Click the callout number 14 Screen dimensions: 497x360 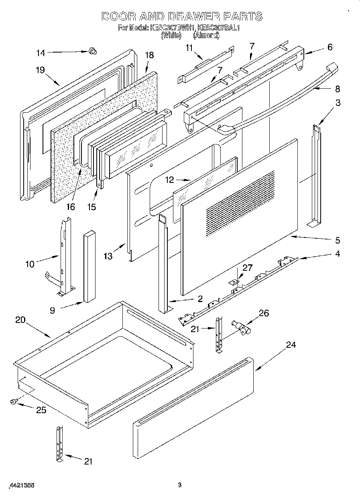pyautogui.click(x=41, y=53)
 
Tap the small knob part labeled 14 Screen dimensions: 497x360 pyautogui.click(x=92, y=51)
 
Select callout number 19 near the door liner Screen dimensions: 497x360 pyautogui.click(x=40, y=69)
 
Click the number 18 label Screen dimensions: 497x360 pyautogui.click(x=149, y=55)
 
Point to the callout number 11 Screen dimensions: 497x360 pyautogui.click(x=189, y=48)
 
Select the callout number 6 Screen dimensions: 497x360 pyautogui.click(x=330, y=47)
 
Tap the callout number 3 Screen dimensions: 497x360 pyautogui.click(x=338, y=103)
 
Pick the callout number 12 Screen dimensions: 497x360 pyautogui.click(x=170, y=180)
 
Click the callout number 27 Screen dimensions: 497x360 pyautogui.click(x=248, y=268)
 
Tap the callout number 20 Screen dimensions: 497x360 pyautogui.click(x=20, y=320)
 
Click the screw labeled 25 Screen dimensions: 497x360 pyautogui.click(x=14, y=401)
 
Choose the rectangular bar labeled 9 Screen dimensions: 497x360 pyautogui.click(x=89, y=266)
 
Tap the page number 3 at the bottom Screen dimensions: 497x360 pyautogui.click(x=179, y=485)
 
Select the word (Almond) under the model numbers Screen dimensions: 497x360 pyautogui.click(x=206, y=35)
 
